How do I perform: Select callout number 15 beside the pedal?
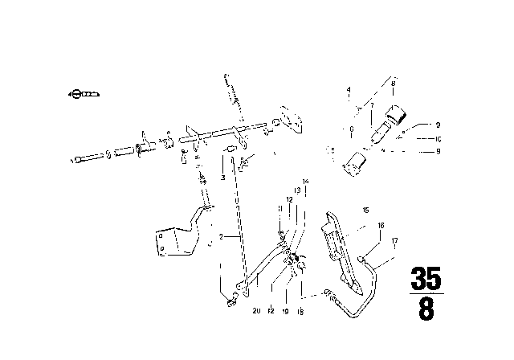coord(365,211)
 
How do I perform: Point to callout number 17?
coord(395,241)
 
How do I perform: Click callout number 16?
coord(382,227)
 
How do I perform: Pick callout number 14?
coord(305,182)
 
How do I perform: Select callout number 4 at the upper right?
coord(349,88)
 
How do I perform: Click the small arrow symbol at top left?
coord(84,95)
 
